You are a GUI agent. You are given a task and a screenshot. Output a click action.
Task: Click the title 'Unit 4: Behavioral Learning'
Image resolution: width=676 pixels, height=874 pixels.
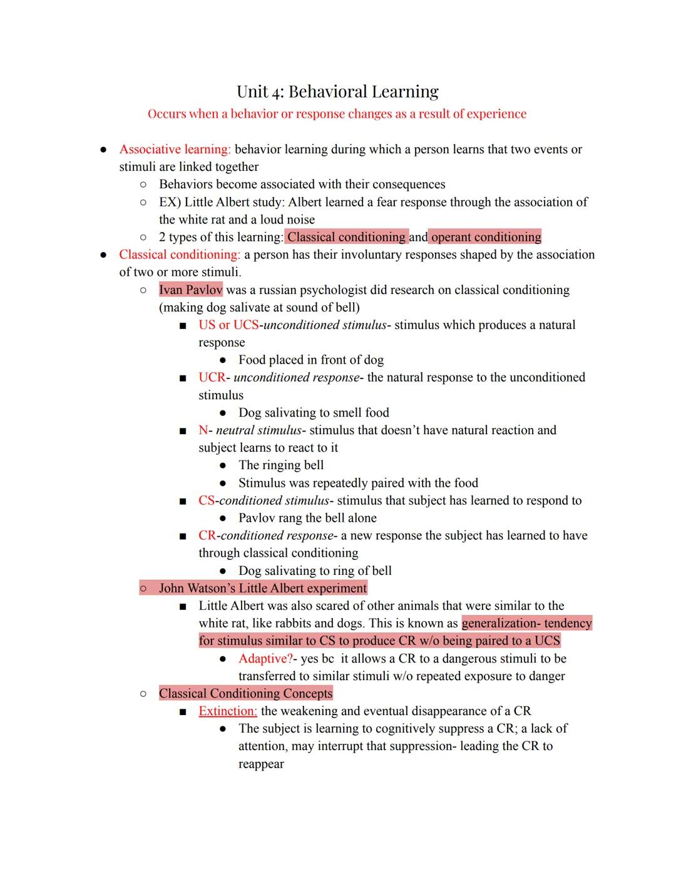[337, 92]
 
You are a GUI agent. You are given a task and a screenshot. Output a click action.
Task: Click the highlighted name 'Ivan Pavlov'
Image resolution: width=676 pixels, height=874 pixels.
[190, 290]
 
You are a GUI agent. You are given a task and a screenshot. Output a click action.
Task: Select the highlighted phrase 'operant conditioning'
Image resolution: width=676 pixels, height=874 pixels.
[486, 237]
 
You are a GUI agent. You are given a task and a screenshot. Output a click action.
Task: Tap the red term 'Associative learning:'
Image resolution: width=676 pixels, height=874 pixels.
[175, 150]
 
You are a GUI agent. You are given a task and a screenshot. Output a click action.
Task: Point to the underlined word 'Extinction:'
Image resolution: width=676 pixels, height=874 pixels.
[227, 711]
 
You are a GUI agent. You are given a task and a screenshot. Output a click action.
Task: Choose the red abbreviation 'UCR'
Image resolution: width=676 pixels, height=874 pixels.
[212, 377]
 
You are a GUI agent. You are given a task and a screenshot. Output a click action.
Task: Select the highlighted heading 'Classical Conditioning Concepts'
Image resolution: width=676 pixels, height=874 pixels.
[245, 694]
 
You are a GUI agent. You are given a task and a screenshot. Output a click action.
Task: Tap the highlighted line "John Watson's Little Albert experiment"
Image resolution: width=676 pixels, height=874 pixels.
[262, 588]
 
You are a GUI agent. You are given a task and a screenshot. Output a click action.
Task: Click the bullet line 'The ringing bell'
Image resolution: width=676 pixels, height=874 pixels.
[280, 465]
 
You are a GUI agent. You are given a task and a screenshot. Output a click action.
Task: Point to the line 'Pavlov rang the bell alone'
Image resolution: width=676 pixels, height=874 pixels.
[307, 518]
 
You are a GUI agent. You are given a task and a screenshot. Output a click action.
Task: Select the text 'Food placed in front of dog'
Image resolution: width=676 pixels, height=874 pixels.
[310, 360]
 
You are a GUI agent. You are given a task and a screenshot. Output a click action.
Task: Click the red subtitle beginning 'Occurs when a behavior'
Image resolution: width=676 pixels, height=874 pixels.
[337, 114]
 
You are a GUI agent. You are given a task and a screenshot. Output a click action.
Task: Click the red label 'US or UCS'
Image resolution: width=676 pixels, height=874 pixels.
[228, 325]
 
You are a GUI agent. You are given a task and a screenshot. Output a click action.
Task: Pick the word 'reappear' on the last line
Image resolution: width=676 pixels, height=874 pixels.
[261, 764]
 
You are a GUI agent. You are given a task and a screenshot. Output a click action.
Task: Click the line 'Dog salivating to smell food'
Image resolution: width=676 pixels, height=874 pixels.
[313, 413]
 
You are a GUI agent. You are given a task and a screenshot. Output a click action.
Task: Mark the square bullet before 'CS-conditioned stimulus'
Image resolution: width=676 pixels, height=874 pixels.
[182, 501]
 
